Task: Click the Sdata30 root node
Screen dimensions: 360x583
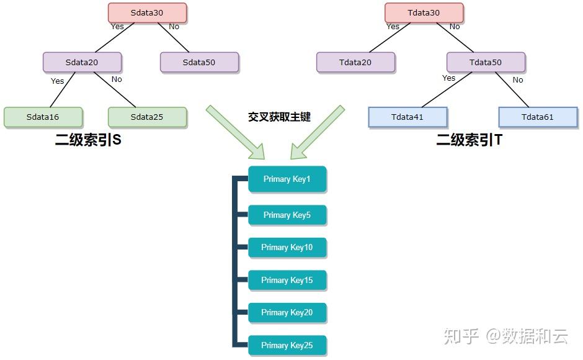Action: pyautogui.click(x=147, y=13)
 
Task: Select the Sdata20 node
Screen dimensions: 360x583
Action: pyautogui.click(x=82, y=62)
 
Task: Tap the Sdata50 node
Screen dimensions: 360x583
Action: pyautogui.click(x=199, y=62)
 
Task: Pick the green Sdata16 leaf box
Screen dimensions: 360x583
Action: pyautogui.click(x=43, y=117)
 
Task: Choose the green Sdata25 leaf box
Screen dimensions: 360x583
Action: pyautogui.click(x=147, y=117)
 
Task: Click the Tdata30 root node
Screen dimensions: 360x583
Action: pyautogui.click(x=424, y=13)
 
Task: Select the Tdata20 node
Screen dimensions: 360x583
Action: pyautogui.click(x=355, y=62)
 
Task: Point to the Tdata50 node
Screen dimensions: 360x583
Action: pyautogui.click(x=486, y=62)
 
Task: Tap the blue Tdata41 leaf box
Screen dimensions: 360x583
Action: pyautogui.click(x=407, y=117)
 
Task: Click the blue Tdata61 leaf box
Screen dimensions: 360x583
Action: pyautogui.click(x=538, y=117)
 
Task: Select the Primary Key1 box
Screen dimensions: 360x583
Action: pyautogui.click(x=287, y=179)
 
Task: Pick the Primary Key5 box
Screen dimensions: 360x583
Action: pyautogui.click(x=287, y=215)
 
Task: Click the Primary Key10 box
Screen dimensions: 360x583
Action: pyautogui.click(x=287, y=247)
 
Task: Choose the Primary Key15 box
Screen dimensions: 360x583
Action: pyautogui.click(x=287, y=280)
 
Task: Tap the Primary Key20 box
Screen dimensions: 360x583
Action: pyautogui.click(x=287, y=312)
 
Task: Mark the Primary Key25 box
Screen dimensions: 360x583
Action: pyautogui.click(x=287, y=345)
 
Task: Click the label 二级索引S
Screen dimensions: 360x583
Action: pyautogui.click(x=87, y=140)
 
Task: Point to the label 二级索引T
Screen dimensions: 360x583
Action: pyautogui.click(x=469, y=140)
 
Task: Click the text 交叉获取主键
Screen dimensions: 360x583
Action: pyautogui.click(x=279, y=117)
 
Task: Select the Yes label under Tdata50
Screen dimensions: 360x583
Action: pyautogui.click(x=448, y=78)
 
